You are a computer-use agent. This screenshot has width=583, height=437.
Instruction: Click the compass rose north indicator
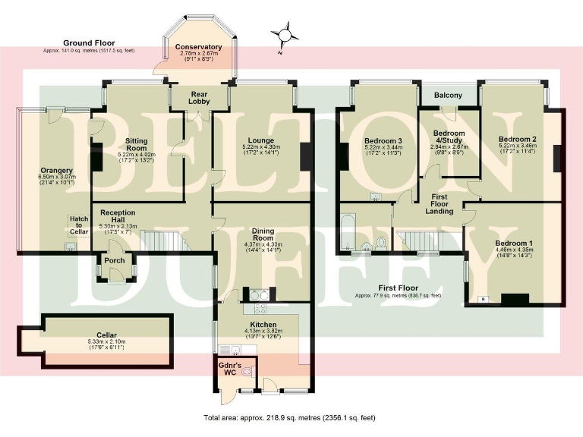pyautogui.click(x=285, y=35)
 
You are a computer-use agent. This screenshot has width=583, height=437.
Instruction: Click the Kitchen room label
pyautogui.click(x=263, y=324)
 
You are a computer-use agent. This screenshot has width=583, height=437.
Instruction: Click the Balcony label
pyautogui.click(x=448, y=95)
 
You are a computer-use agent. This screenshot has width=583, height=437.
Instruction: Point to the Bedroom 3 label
pyautogui.click(x=383, y=140)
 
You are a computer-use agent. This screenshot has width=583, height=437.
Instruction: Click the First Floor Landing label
pyautogui.click(x=439, y=203)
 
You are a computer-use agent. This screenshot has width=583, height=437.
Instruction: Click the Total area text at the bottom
pyautogui.click(x=289, y=417)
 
